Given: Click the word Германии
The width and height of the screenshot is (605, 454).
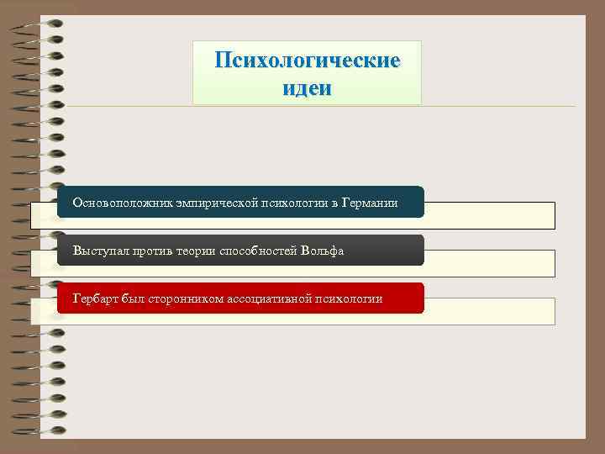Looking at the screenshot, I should pyautogui.click(x=367, y=203).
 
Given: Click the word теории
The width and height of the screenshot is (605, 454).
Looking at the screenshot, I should pyautogui.click(x=196, y=251).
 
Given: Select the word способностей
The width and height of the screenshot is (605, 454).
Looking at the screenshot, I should pyautogui.click(x=259, y=251).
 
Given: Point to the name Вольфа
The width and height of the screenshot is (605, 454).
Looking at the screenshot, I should pyautogui.click(x=323, y=251).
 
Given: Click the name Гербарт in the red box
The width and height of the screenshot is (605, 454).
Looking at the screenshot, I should pyautogui.click(x=96, y=298).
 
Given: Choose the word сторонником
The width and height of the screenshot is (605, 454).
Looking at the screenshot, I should pyautogui.click(x=185, y=298).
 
